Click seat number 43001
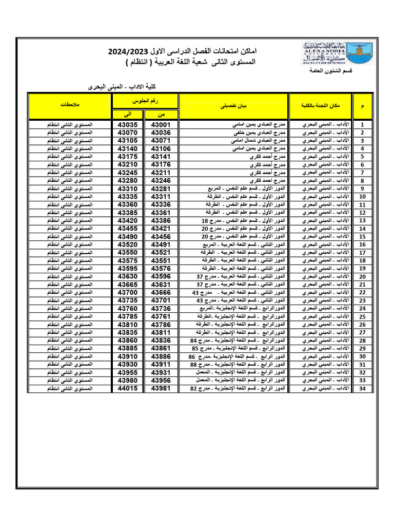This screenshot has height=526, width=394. point(162,125)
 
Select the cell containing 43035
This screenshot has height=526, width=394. point(128,125)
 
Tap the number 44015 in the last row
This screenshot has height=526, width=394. point(128,388)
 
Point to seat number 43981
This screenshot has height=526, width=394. point(162,388)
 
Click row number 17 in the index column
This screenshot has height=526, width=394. point(362,253)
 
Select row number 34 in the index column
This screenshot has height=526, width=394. point(362,388)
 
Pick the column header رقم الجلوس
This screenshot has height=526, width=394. point(145,101)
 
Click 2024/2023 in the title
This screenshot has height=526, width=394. point(128,52)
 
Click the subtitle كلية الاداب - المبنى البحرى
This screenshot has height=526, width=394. point(117,87)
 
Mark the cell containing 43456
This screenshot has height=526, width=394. point(162,237)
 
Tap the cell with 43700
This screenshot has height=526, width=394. point(128,292)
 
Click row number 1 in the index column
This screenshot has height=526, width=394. point(362,125)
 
